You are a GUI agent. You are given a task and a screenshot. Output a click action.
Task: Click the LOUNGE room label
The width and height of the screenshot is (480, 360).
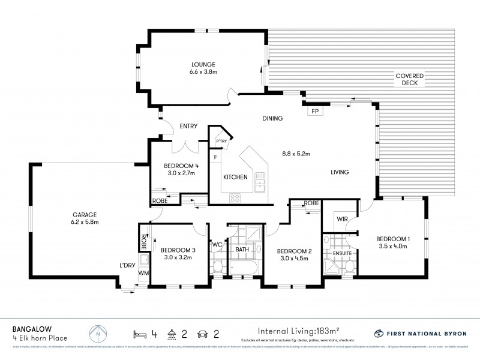point(203,65)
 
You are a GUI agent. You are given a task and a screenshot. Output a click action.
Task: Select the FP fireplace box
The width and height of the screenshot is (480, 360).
point(314,111)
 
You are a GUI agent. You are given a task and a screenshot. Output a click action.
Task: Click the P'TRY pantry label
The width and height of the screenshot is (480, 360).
point(221,142)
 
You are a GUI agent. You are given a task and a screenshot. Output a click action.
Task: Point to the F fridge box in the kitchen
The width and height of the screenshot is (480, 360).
point(214,158)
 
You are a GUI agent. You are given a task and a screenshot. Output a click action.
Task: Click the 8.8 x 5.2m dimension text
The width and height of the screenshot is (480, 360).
point(296,154)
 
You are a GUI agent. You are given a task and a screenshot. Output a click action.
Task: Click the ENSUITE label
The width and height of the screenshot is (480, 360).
point(341,253)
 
